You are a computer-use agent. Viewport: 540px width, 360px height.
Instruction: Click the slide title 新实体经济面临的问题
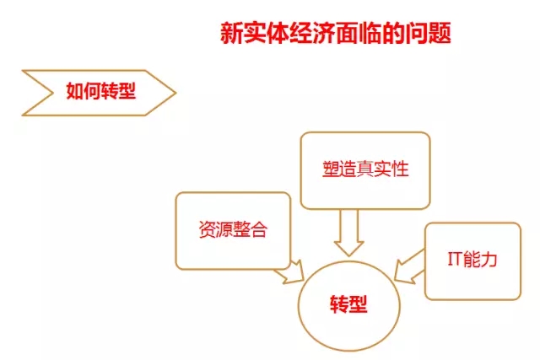tap(336, 34)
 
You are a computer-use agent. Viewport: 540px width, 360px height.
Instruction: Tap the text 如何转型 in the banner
tap(101, 91)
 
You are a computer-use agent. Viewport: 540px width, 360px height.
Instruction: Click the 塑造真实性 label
tap(365, 169)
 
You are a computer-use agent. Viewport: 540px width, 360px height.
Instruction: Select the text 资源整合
tap(233, 229)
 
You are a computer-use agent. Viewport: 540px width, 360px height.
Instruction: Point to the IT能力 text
tap(472, 259)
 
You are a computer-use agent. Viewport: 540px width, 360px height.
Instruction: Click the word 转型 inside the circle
tap(348, 304)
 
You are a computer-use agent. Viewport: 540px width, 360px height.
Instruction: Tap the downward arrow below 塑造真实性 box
tap(348, 233)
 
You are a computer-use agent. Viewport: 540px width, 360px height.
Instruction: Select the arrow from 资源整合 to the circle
tap(290, 271)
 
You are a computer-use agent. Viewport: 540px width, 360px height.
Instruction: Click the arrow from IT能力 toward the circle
tap(409, 266)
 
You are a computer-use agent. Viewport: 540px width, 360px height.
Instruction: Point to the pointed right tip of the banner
tap(176, 93)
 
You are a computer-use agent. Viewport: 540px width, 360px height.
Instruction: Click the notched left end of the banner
tap(52, 93)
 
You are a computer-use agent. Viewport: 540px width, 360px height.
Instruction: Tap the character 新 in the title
tap(232, 34)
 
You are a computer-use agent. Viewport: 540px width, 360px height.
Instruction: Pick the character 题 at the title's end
tap(440, 34)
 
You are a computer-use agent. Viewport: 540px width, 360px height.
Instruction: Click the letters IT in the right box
tap(455, 259)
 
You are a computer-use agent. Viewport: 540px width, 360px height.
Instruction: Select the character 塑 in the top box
tap(331, 169)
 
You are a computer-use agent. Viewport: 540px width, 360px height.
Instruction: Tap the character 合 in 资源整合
tap(259, 229)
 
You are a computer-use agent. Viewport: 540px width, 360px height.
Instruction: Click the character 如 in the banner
tap(74, 91)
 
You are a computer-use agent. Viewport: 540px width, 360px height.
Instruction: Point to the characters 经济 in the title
tap(313, 34)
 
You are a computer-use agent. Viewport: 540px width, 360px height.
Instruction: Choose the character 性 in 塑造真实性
tap(401, 169)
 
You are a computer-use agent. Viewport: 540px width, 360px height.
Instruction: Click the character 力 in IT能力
tap(489, 259)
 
